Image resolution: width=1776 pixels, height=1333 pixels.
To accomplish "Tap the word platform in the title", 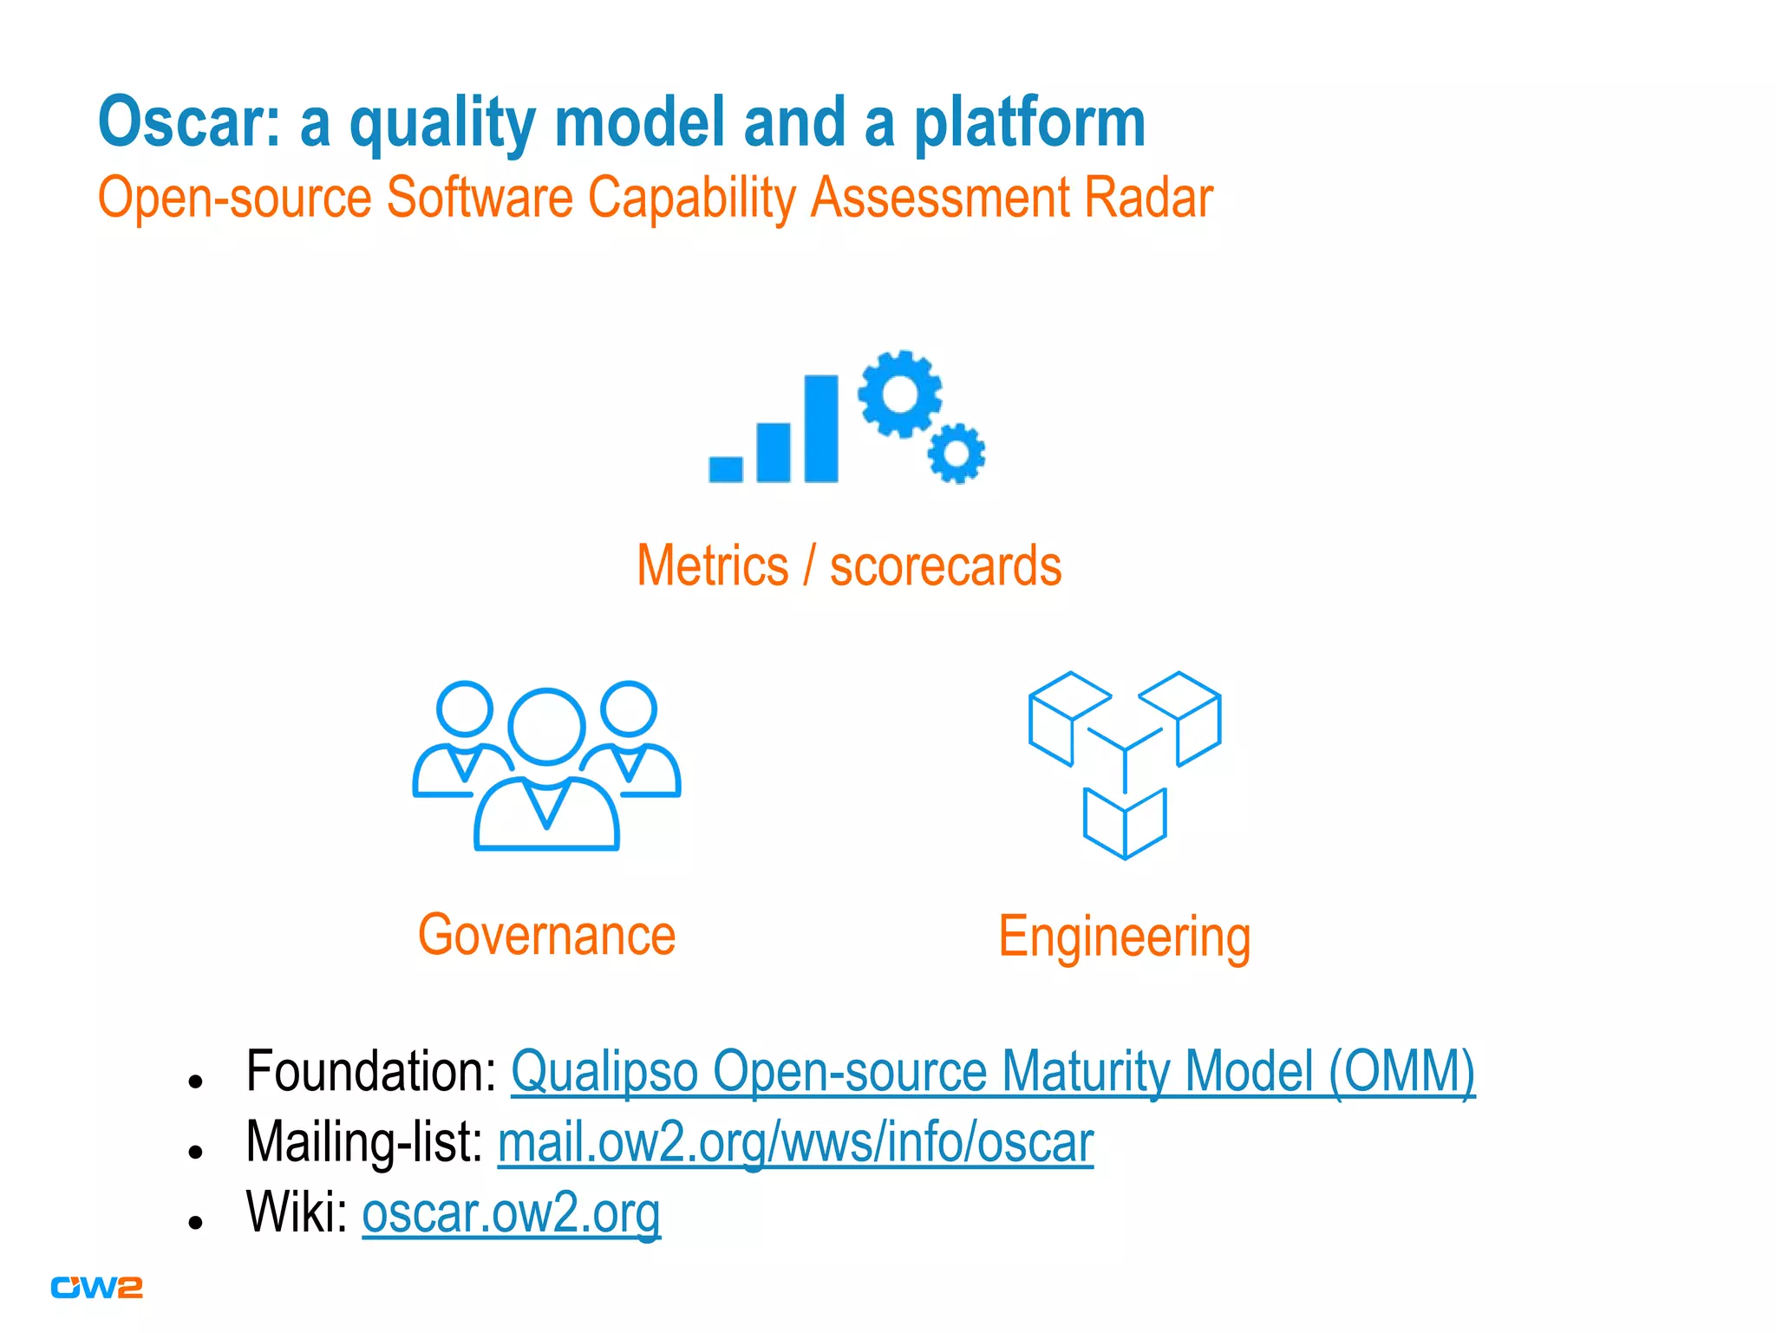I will [1029, 123].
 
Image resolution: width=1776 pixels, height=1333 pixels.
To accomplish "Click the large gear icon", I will [900, 395].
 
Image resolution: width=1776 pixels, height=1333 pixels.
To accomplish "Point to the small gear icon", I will [957, 454].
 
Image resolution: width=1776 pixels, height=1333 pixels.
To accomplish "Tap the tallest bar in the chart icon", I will [820, 428].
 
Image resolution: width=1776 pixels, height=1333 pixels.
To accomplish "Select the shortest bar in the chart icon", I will [726, 468].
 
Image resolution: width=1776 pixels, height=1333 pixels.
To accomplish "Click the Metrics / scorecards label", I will [849, 566].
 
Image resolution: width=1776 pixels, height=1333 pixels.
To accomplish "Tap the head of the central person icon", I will [546, 726].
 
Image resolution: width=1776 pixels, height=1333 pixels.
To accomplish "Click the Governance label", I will [546, 935].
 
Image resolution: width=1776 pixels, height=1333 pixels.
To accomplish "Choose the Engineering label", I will [1124, 938].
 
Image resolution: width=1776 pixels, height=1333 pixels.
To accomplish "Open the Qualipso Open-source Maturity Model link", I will [992, 1072].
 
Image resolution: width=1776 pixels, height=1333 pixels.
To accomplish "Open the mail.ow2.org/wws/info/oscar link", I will [795, 1142].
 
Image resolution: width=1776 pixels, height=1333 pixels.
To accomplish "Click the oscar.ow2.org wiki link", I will [511, 1212].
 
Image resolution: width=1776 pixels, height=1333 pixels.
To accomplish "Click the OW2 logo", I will [96, 1288].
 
